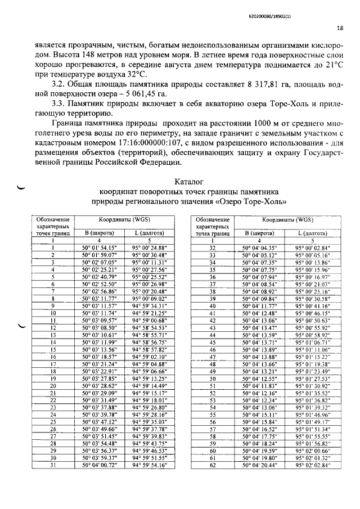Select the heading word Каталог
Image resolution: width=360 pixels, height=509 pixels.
190,182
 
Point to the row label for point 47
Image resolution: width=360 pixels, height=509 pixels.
213,356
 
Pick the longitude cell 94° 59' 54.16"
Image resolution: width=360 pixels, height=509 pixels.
152,465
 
